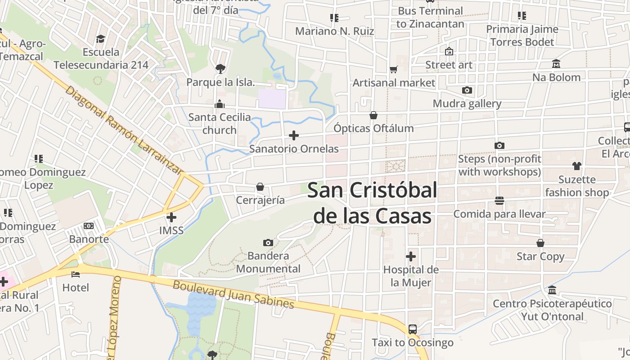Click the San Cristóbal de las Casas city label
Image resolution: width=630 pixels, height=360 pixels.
point(372,203)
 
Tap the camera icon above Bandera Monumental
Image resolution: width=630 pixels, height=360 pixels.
point(268,243)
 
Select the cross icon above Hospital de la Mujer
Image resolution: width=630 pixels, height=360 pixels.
point(411,256)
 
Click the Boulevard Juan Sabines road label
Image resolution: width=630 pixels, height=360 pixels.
point(234,294)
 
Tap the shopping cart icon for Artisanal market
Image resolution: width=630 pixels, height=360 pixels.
point(394,69)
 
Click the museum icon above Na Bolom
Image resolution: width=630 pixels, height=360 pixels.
point(556,64)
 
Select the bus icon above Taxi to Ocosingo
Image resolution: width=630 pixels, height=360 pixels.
point(413,329)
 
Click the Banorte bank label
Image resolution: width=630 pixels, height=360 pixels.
point(89,238)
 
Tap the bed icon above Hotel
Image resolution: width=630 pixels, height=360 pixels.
point(76,274)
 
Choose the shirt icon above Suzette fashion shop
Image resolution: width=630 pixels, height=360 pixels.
point(577,166)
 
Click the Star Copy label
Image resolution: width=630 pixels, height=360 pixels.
point(540,256)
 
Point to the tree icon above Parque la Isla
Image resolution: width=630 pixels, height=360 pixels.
point(220,69)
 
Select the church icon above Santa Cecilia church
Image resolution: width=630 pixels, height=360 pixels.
point(220,104)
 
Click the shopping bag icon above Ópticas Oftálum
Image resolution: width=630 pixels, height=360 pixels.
point(373,115)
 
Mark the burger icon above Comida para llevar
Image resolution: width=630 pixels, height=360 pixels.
point(499,200)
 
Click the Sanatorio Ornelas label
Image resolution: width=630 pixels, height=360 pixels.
point(294,148)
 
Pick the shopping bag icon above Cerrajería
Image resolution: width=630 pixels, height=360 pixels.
point(260,187)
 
